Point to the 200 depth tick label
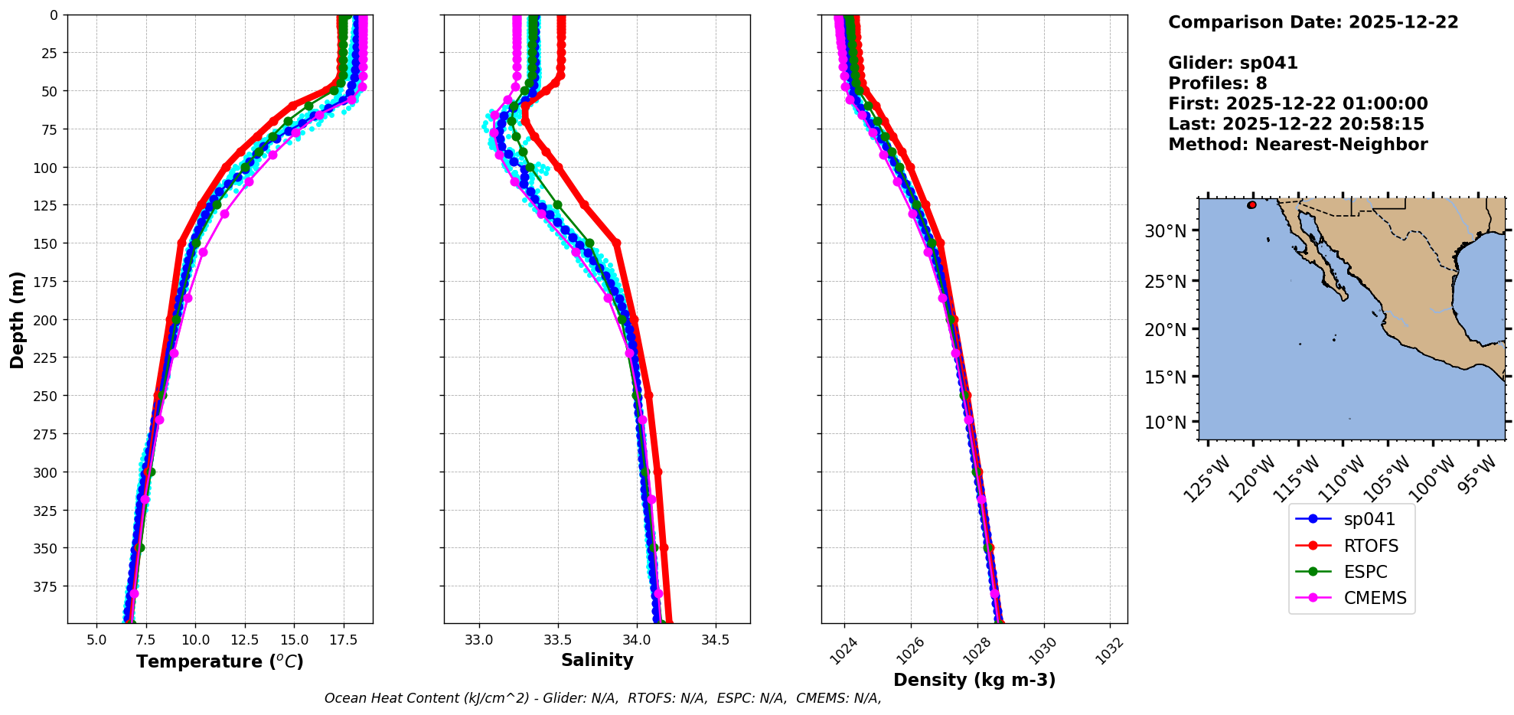point(46,320)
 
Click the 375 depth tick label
point(46,586)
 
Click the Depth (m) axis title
point(17,319)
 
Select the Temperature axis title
point(220,661)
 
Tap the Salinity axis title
point(597,660)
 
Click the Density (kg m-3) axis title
point(974,680)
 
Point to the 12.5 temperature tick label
point(244,640)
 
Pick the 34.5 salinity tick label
point(715,640)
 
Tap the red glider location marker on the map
point(1251,205)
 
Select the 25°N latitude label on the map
point(1165,282)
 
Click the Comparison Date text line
point(1313,22)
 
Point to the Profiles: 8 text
point(1217,83)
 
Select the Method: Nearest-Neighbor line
point(1297,145)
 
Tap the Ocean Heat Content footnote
point(602,698)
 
